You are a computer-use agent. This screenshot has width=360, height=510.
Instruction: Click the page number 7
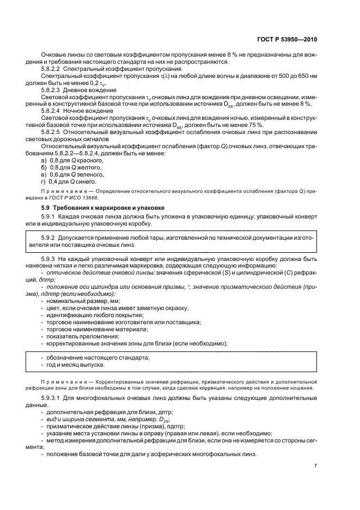[316, 465]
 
